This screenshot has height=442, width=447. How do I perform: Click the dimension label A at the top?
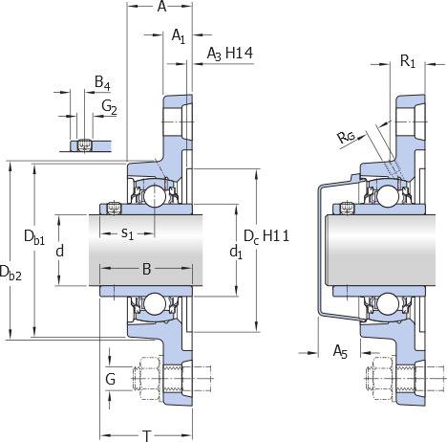point(161,7)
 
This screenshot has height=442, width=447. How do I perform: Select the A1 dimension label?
point(179,36)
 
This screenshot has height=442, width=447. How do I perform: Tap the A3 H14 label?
point(230,54)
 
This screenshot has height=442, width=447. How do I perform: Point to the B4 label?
point(102,83)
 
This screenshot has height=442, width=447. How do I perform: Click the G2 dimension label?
point(109,107)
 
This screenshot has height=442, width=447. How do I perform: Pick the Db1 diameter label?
point(34,237)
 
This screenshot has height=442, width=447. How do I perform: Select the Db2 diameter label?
point(11,274)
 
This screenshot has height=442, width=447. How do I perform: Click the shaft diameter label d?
point(60,251)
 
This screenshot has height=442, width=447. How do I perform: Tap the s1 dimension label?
point(127,233)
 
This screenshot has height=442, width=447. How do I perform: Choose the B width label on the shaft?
point(146,269)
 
